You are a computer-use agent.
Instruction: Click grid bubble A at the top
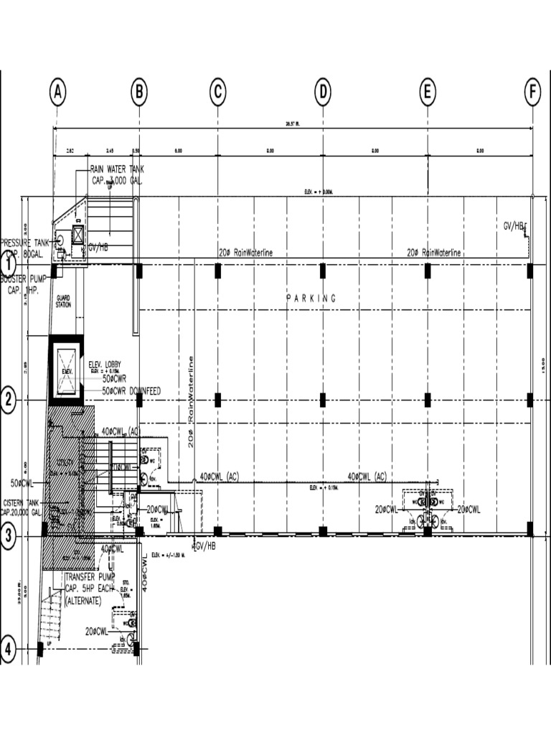click(58, 93)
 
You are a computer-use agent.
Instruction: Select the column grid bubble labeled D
click(323, 93)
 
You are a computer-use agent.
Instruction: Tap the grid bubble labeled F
click(532, 93)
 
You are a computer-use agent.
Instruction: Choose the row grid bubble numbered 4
click(8, 650)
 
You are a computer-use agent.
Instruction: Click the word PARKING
click(311, 298)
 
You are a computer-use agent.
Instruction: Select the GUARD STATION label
click(63, 301)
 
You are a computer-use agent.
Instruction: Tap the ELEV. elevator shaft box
click(66, 370)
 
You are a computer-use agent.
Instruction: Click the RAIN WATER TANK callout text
click(117, 174)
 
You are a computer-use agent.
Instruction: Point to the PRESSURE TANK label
click(26, 248)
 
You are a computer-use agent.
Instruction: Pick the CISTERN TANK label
click(24, 507)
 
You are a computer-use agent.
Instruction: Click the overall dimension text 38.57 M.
click(292, 123)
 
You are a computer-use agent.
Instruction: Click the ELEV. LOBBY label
click(104, 365)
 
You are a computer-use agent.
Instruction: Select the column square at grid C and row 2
click(217, 399)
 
